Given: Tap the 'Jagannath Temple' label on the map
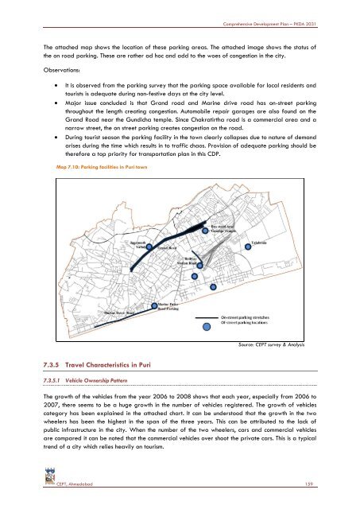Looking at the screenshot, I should [132, 243].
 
